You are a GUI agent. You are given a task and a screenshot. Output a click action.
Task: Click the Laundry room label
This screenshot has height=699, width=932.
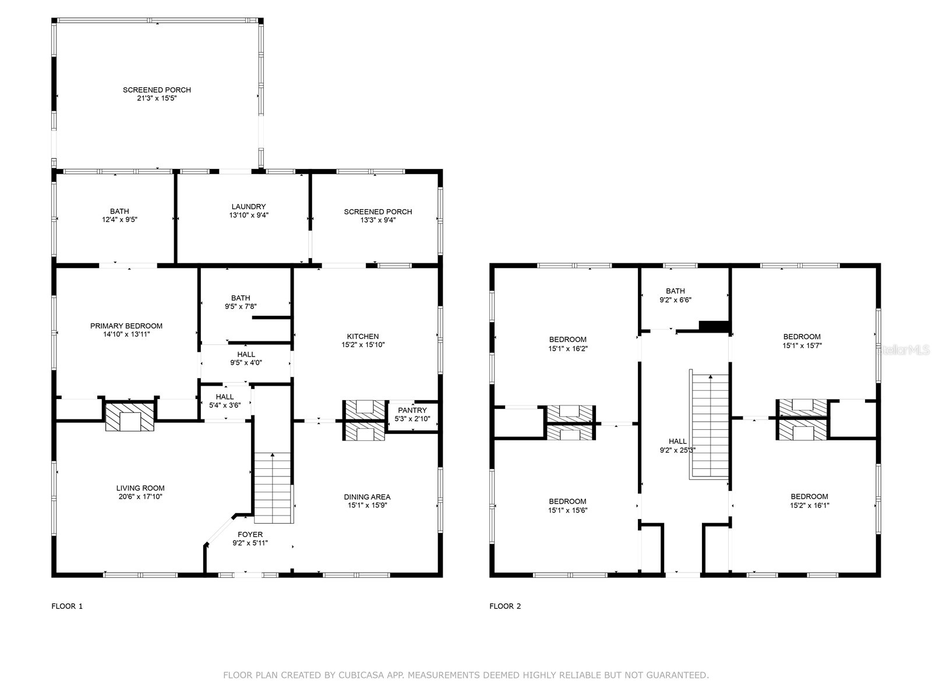click(x=248, y=207)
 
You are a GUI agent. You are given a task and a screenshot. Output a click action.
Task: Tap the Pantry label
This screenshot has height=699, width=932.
click(x=412, y=410)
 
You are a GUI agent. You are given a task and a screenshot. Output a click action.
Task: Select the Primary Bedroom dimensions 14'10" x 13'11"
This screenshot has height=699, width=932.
click(x=126, y=334)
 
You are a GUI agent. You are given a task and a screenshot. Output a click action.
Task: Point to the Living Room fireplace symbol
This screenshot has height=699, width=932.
click(x=130, y=417)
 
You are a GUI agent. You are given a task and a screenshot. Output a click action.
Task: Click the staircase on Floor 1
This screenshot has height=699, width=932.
click(x=273, y=488)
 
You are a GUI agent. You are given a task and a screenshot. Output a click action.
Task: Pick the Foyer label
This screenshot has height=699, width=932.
click(x=250, y=534)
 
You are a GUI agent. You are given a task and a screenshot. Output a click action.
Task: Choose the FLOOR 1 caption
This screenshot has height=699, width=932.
click(x=67, y=606)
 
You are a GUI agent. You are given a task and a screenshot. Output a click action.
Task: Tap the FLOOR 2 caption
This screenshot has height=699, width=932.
click(x=505, y=606)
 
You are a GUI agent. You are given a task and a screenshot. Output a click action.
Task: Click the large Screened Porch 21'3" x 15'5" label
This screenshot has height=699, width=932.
click(x=157, y=90)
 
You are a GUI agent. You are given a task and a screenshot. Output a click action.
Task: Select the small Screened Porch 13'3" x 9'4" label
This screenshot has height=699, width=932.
click(x=377, y=211)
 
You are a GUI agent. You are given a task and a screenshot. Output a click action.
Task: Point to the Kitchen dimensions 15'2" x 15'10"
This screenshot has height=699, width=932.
click(x=363, y=344)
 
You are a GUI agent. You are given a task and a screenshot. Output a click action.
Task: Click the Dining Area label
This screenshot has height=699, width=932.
click(x=367, y=497)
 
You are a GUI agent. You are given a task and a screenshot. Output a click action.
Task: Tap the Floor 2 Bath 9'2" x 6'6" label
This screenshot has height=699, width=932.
click(x=675, y=291)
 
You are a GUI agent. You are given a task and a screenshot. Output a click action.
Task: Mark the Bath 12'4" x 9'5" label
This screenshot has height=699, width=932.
click(x=119, y=211)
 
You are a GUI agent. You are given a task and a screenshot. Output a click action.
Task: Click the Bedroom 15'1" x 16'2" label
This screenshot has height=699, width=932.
click(x=567, y=340)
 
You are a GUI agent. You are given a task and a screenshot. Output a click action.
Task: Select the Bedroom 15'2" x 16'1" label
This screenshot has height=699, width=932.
click(x=809, y=497)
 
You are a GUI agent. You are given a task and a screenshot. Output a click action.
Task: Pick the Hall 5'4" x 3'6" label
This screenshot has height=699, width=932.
click(x=224, y=397)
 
